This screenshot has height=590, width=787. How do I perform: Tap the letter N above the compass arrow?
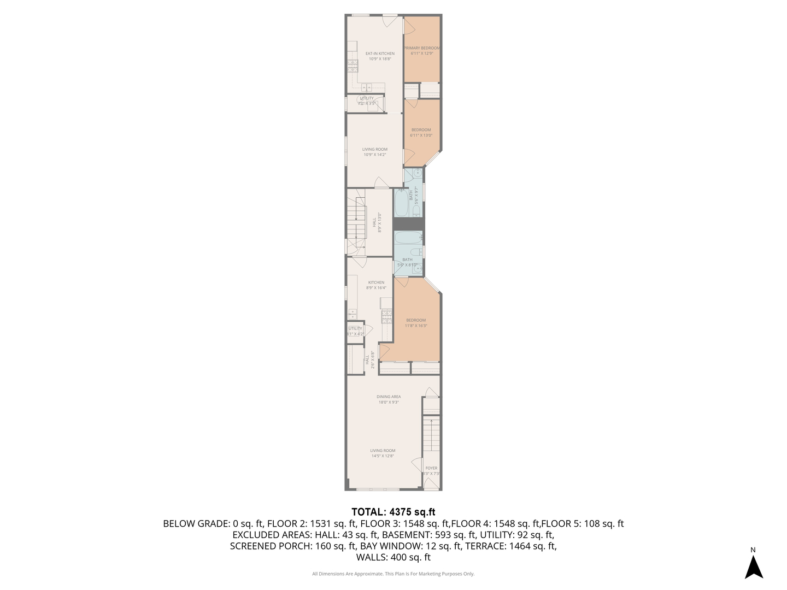[x=753, y=550]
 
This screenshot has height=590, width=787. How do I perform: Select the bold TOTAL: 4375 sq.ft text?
[x=393, y=512]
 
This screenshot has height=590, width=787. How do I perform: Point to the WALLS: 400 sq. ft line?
[x=393, y=557]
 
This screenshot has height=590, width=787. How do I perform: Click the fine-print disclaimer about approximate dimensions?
[x=393, y=574]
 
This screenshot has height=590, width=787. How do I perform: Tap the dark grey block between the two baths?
[x=409, y=224]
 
